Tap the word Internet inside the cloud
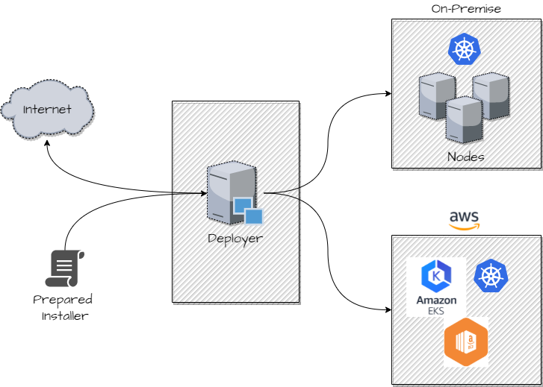[48, 110]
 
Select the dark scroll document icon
[64, 268]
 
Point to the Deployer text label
[235, 239]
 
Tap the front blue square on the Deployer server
[254, 215]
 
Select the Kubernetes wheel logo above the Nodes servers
[465, 50]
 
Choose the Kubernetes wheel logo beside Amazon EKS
[490, 276]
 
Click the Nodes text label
[465, 157]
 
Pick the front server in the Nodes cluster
[464, 119]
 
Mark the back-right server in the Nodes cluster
[491, 95]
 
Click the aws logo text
[465, 216]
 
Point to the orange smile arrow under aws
[465, 226]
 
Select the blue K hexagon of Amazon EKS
[436, 276]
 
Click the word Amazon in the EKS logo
[436, 300]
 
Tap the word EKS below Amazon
[436, 309]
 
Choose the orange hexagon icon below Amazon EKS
[465, 344]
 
